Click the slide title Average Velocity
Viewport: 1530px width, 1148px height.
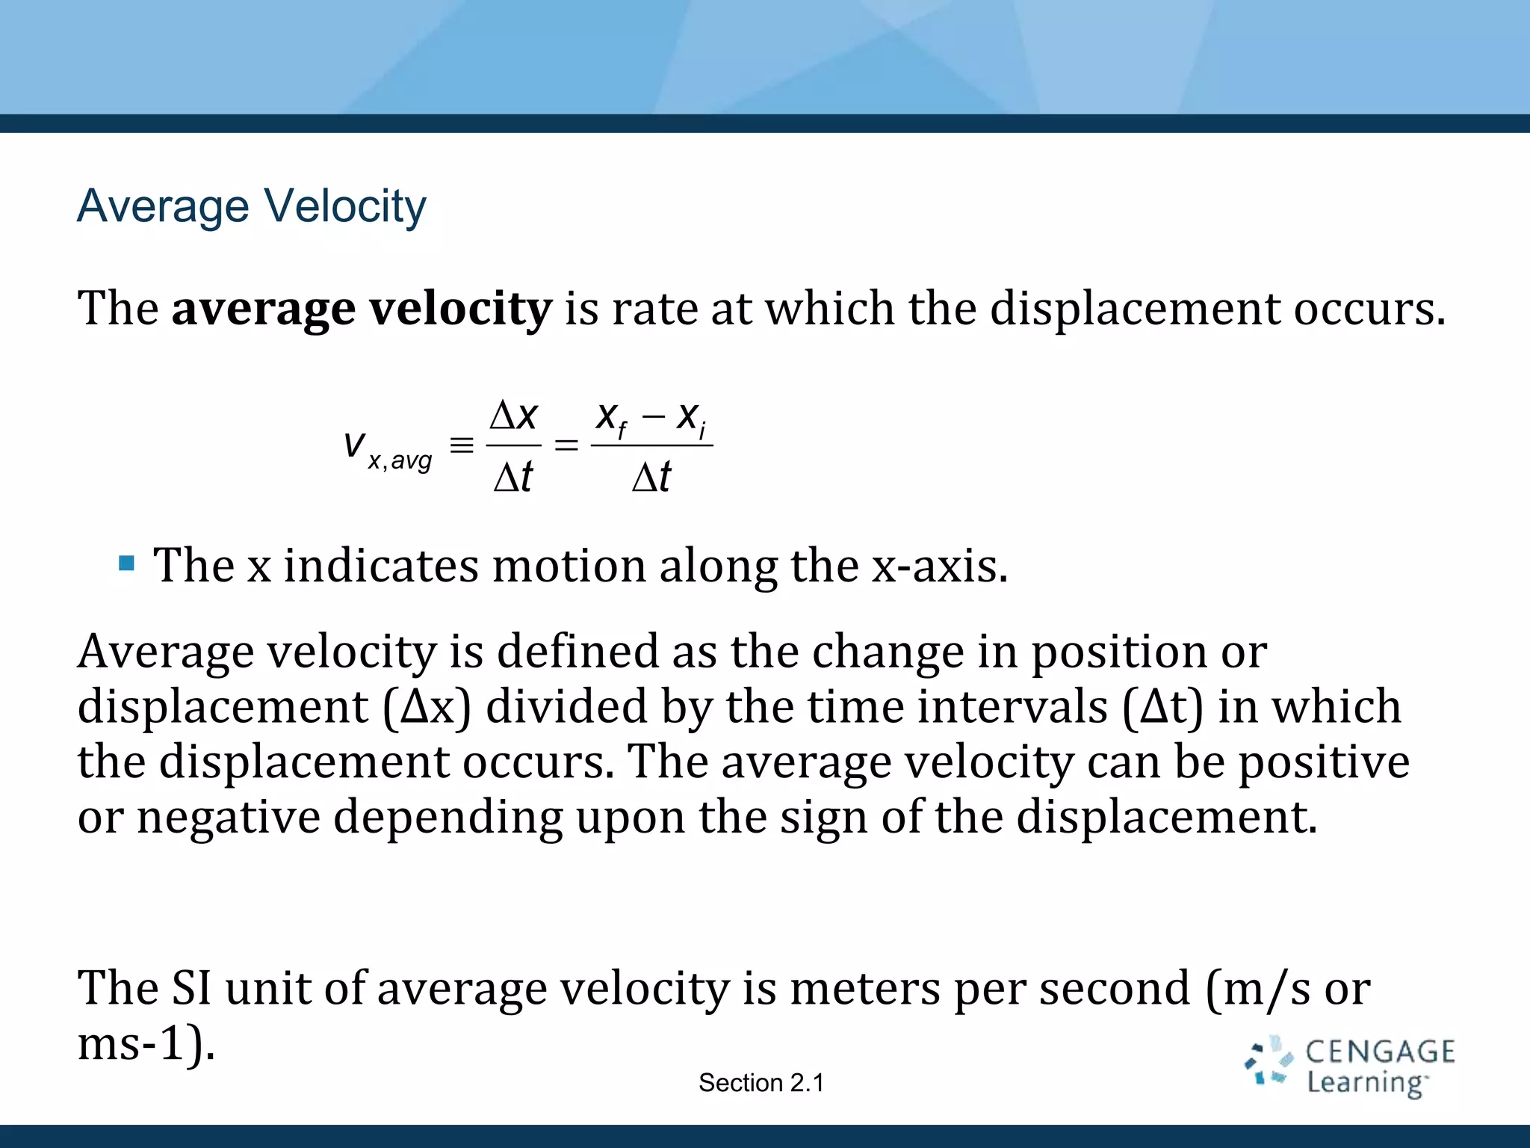(252, 206)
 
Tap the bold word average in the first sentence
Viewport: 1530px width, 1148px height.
(263, 308)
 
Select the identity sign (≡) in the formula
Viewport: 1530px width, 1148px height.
(462, 445)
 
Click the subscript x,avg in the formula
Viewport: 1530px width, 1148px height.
(400, 460)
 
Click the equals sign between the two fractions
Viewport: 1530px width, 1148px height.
(566, 445)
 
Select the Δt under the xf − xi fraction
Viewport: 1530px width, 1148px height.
(651, 477)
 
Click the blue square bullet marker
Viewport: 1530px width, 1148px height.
(126, 563)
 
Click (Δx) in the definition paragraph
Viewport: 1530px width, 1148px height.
(427, 707)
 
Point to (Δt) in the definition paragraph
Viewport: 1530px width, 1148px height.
(1163, 707)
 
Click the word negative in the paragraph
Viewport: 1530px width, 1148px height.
(229, 817)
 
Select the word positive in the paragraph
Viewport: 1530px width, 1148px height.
(1324, 762)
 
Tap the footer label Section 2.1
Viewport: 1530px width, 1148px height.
(761, 1082)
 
